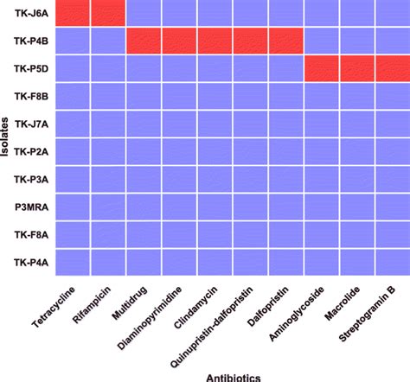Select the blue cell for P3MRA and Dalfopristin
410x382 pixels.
(285, 207)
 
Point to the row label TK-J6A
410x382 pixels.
(31, 13)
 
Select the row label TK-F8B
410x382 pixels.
(31, 96)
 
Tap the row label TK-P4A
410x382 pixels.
(31, 263)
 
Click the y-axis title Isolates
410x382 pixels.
(7, 138)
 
